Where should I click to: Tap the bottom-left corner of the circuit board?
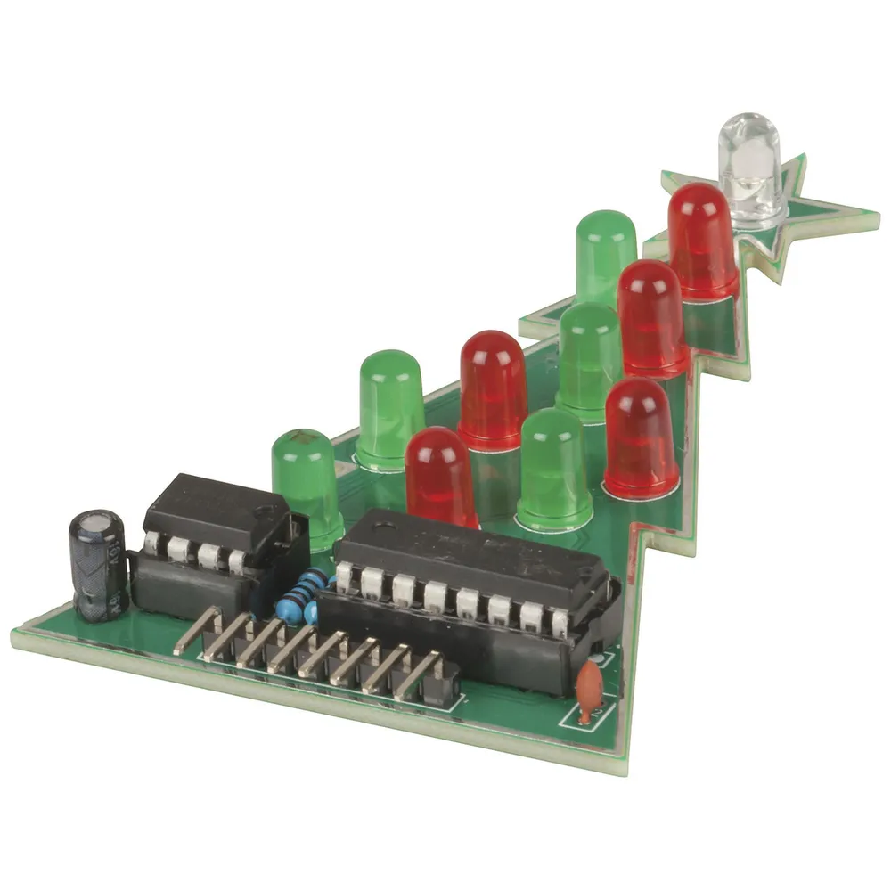click(16, 634)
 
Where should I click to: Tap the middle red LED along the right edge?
click(651, 316)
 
